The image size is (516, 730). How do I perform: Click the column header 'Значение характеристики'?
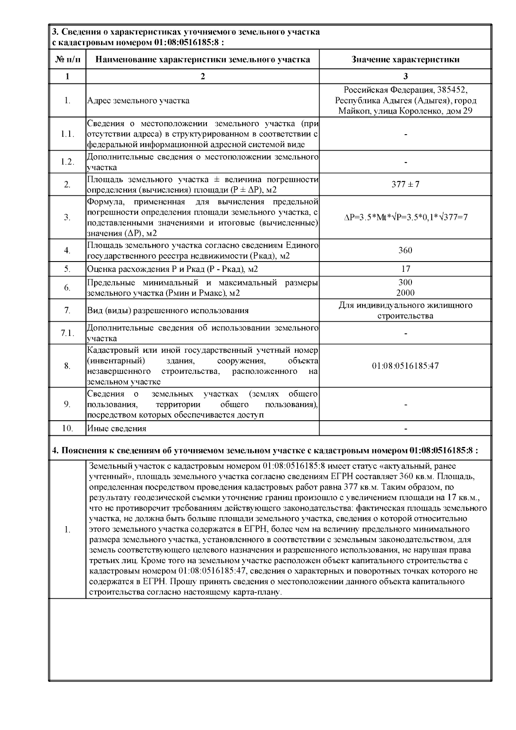[405, 59]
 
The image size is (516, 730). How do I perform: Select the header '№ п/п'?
[68, 59]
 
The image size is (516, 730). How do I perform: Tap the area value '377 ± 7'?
[405, 184]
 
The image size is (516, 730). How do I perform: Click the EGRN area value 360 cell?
[405, 250]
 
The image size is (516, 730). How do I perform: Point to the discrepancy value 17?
[405, 269]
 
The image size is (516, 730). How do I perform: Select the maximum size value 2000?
[405, 293]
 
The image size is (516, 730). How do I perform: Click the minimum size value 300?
[405, 283]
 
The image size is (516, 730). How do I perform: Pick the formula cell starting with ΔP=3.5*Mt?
[405, 217]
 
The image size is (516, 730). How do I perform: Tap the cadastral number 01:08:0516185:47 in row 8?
[405, 366]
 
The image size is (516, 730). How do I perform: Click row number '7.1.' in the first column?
[68, 333]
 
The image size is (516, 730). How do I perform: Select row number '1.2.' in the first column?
[68, 162]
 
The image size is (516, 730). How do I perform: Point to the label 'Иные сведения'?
[117, 428]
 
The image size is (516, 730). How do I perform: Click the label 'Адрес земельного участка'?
[138, 101]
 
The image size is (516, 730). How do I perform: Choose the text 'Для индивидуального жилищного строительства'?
[405, 311]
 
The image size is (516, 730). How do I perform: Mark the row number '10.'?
[68, 428]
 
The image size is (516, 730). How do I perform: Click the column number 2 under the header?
[203, 76]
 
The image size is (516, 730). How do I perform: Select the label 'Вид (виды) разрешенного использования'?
[168, 311]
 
